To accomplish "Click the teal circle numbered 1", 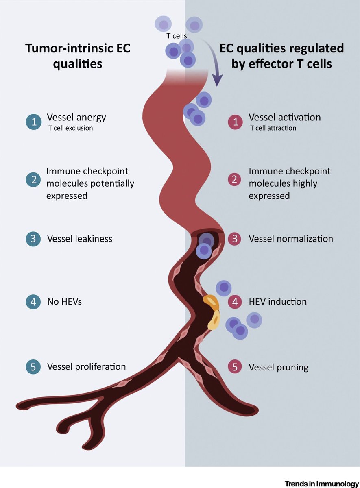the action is click(x=33, y=122).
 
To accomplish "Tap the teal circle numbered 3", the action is click(x=33, y=239).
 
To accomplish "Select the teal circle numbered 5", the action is click(x=33, y=366).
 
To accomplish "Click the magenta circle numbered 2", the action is click(x=234, y=180).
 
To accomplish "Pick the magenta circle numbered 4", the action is click(x=235, y=302).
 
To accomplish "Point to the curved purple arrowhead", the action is click(x=218, y=80).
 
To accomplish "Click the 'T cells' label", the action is click(x=177, y=36).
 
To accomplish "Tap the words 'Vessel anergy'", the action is click(x=76, y=118).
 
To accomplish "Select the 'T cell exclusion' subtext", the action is click(x=71, y=128).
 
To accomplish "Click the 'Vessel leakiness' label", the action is click(x=80, y=239).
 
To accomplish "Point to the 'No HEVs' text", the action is click(x=65, y=302).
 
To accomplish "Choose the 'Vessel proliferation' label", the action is click(x=87, y=367).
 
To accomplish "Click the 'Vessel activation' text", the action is click(x=285, y=118).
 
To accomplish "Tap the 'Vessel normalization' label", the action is click(x=291, y=239).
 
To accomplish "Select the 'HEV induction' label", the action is click(x=277, y=302).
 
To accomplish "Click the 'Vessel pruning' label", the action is click(x=279, y=368).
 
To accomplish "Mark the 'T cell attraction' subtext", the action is click(x=273, y=128).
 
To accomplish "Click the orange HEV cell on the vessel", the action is click(x=211, y=302).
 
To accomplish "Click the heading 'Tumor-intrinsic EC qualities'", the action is click(x=78, y=56).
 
